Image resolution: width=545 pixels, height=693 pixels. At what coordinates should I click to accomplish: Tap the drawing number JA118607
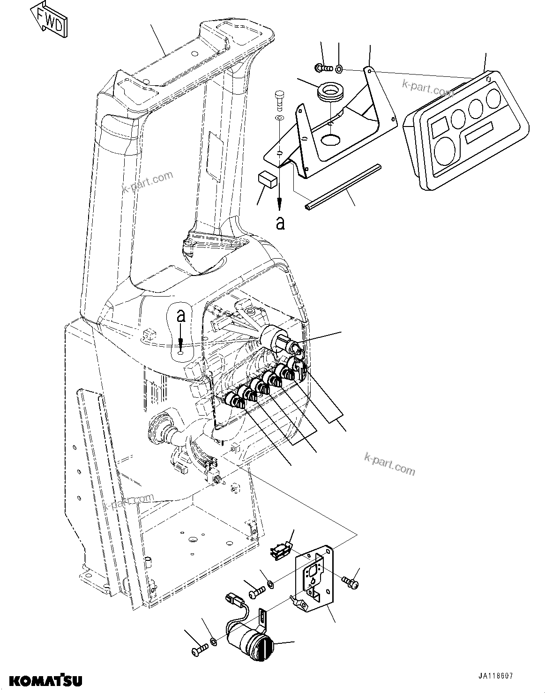pos(495,677)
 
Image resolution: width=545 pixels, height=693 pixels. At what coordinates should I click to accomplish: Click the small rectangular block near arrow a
pos(267,179)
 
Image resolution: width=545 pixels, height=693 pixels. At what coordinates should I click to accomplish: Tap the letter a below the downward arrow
pos(280,223)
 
